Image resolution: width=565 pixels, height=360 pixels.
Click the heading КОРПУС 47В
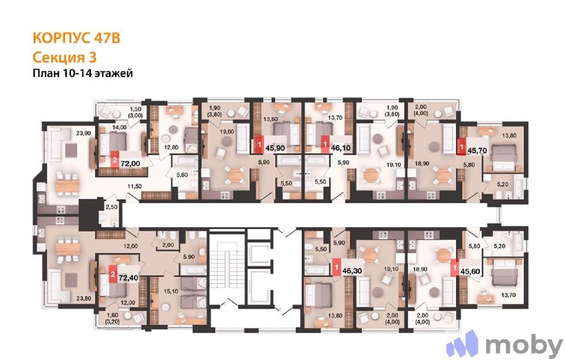[x=76, y=38]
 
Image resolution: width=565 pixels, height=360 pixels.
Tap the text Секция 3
[x=65, y=58]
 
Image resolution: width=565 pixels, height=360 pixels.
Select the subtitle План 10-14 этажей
[x=83, y=73]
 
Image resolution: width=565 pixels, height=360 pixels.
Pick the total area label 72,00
[x=130, y=164]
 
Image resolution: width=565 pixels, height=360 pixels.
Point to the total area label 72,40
[x=129, y=278]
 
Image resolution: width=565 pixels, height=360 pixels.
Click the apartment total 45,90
[x=275, y=148]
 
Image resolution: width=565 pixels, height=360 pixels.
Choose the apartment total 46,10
[x=341, y=148]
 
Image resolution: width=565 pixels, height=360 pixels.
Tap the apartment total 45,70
[x=477, y=150]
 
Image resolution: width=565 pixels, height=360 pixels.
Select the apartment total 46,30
[x=352, y=271]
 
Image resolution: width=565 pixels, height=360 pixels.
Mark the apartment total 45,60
[x=470, y=271]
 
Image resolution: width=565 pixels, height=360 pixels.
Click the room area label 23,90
[x=83, y=133]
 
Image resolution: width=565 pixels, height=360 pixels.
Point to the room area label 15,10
[x=171, y=292]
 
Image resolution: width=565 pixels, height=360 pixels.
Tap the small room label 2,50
[x=112, y=207]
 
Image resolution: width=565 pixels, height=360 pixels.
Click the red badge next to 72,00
[x=115, y=160]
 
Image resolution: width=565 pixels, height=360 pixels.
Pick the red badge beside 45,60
[x=455, y=268]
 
